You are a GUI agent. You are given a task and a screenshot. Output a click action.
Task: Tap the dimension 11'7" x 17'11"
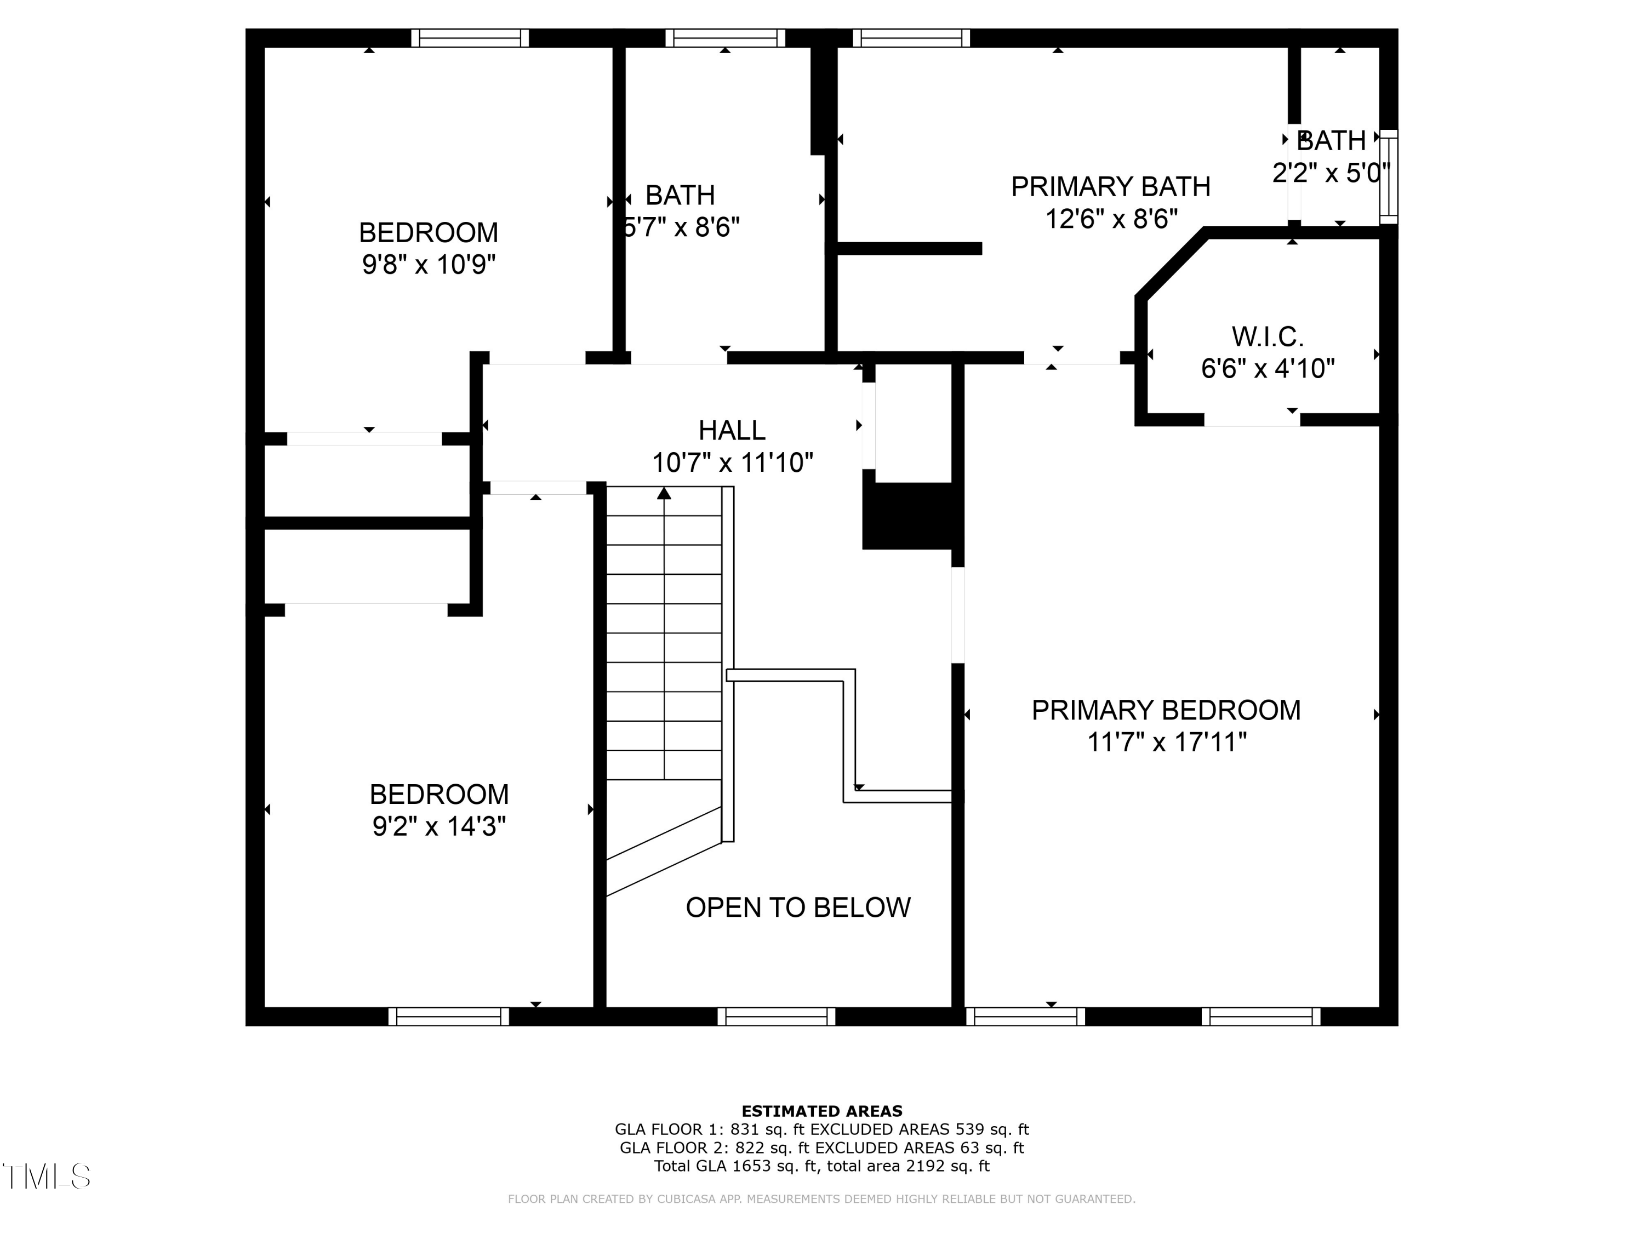point(1166,742)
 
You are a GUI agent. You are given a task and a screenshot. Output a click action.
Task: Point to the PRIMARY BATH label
point(1110,186)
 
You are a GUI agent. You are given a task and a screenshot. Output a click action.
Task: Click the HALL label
point(732,430)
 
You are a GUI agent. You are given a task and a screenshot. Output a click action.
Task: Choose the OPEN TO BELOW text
point(797,907)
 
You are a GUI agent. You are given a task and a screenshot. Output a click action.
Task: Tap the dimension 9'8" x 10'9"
point(429,264)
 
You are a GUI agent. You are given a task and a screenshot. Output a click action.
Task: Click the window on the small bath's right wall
point(1388,177)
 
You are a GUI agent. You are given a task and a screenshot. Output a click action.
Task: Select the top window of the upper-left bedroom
point(470,38)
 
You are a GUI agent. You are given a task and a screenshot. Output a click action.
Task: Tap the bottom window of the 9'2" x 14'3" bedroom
point(448,1016)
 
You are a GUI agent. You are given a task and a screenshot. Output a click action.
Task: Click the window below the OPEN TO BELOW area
point(776,1016)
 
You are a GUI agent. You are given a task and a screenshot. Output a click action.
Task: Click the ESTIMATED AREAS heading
point(821,1111)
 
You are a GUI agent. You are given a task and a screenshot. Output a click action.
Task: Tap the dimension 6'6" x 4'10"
point(1267,369)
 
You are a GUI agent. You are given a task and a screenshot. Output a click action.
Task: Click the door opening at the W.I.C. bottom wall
point(1252,420)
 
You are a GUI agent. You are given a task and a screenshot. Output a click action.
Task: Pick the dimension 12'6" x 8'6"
point(1111,219)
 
